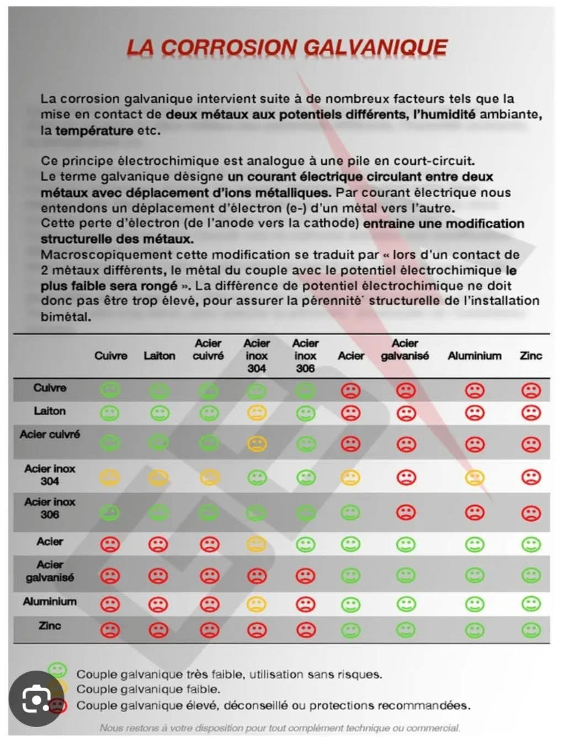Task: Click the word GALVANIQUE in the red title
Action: click(x=375, y=47)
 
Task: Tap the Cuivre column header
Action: click(x=110, y=356)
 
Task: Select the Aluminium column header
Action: click(x=475, y=356)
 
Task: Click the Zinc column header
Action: click(x=531, y=356)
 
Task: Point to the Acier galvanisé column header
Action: click(x=405, y=350)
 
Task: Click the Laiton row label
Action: click(x=50, y=411)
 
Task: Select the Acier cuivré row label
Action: click(x=50, y=434)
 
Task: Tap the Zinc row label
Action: click(x=50, y=625)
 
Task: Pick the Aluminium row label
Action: click(x=50, y=601)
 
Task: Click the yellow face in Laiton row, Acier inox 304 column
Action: click(x=257, y=413)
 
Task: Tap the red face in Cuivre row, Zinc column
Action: click(x=531, y=391)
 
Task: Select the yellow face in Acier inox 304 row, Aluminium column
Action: click(x=475, y=478)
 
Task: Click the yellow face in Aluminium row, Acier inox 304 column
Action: click(x=257, y=605)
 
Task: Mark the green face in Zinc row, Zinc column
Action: click(x=531, y=630)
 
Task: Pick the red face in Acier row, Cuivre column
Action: click(x=110, y=545)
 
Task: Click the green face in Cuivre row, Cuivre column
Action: click(x=110, y=390)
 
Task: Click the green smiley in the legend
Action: click(x=57, y=671)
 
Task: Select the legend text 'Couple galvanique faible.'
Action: click(x=148, y=690)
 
